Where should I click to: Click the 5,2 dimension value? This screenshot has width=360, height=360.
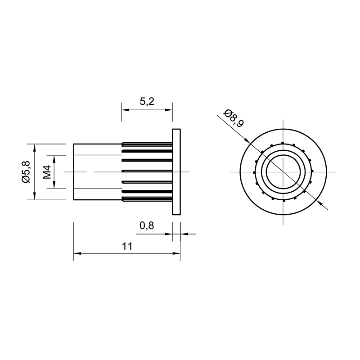(x=147, y=101)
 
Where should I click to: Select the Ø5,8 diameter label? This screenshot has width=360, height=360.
(x=26, y=172)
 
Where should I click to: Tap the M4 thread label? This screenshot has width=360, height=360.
(x=47, y=172)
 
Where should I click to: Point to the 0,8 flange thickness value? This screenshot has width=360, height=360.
(x=147, y=226)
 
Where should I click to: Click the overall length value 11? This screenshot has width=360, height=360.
(x=127, y=246)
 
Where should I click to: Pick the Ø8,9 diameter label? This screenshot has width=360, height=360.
(x=234, y=118)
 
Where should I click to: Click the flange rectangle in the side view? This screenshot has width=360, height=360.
(x=176, y=172)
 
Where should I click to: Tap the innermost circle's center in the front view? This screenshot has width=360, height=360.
(x=283, y=172)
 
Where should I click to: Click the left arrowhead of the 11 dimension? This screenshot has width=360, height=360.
(x=77, y=253)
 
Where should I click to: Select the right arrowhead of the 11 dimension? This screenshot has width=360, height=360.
(x=176, y=253)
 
